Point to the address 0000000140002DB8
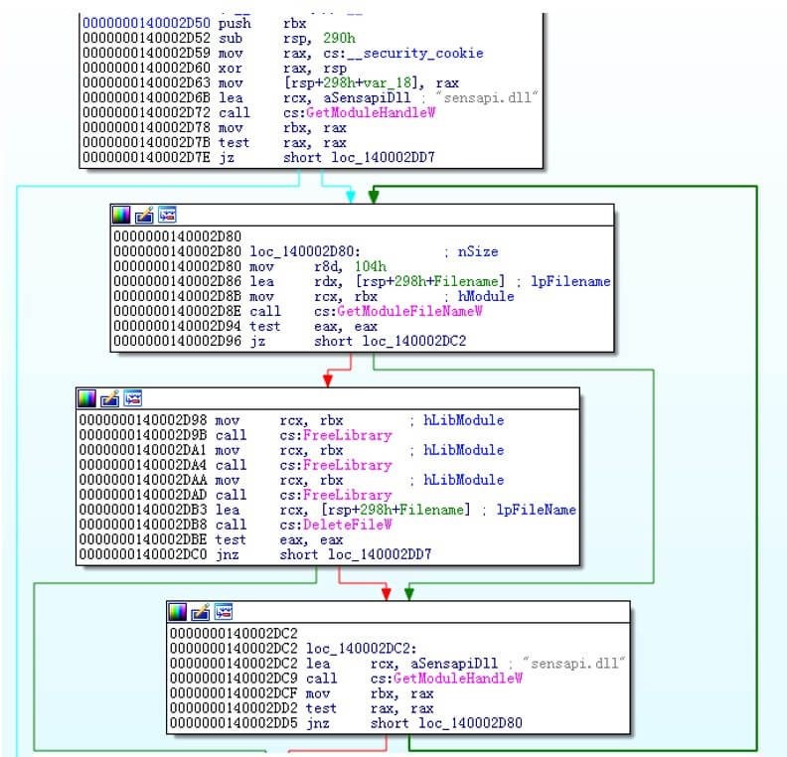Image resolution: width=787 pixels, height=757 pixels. [x=145, y=524]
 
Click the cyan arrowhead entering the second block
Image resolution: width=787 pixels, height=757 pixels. [x=350, y=197]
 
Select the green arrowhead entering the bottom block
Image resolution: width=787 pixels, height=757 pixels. [x=409, y=593]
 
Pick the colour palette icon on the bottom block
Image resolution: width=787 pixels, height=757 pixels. [x=178, y=611]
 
